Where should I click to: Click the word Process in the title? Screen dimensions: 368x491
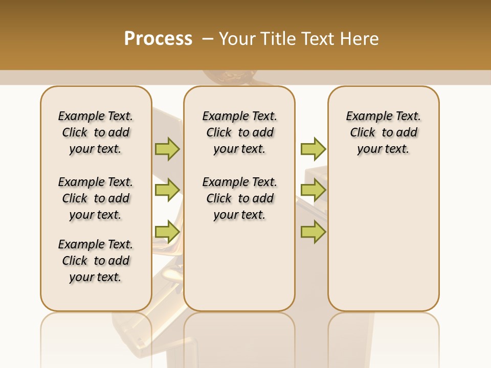tap(158, 38)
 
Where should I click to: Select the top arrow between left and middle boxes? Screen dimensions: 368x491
tap(167, 149)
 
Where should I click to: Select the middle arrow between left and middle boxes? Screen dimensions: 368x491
tap(167, 190)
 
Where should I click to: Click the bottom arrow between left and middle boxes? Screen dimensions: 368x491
tap(167, 232)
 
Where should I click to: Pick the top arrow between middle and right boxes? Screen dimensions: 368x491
tap(313, 149)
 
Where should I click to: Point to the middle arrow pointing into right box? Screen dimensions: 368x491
tap(313, 190)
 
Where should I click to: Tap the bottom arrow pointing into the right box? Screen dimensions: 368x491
tap(313, 232)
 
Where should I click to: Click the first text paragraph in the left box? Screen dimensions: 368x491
tap(96, 132)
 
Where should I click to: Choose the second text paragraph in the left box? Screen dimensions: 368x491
tap(96, 198)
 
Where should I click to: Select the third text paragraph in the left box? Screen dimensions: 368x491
tap(96, 261)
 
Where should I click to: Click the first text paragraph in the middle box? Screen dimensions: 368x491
tap(239, 132)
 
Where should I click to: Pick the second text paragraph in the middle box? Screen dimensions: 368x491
tap(239, 198)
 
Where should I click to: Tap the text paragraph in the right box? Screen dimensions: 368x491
tap(383, 132)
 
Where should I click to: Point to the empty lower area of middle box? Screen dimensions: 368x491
tap(239, 266)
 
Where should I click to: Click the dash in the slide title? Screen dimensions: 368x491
tap(208, 38)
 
